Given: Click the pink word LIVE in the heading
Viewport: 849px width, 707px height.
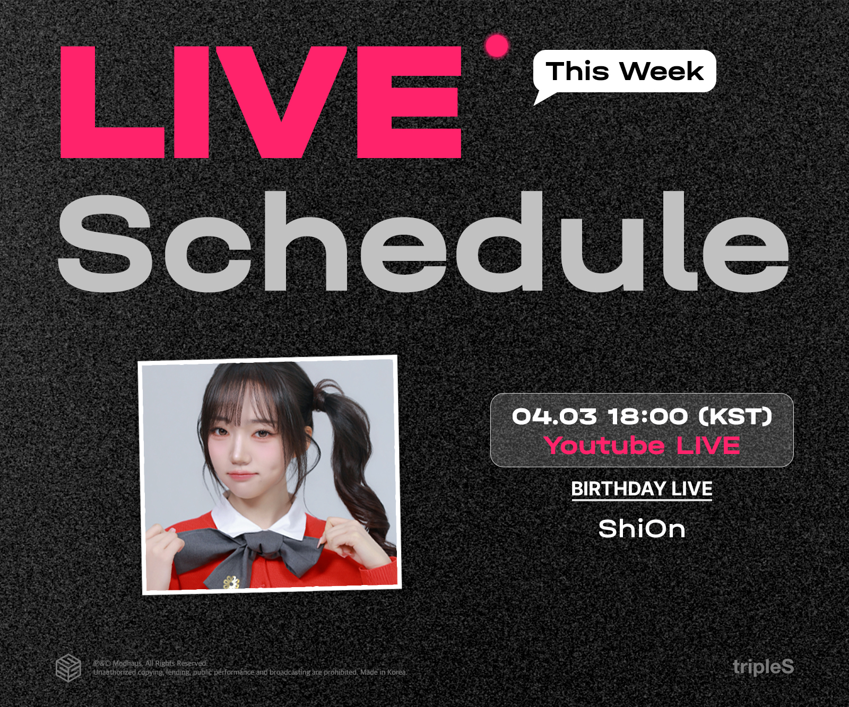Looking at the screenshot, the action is pos(261,102).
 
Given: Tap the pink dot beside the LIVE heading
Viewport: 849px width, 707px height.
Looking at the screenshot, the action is pos(497,46).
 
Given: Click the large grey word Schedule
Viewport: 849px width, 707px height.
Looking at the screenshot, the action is pos(423,241).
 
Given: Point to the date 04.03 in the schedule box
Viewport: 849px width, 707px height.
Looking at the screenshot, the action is pos(554,416).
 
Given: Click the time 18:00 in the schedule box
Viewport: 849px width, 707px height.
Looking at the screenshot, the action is pos(647,416).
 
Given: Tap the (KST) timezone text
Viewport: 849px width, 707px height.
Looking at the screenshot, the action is pos(735,416).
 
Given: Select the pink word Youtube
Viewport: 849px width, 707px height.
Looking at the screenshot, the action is pos(604,446).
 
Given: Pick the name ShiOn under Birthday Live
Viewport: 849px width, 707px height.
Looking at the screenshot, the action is pos(642,529).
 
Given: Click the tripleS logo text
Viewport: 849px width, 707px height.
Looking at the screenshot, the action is pos(763,667).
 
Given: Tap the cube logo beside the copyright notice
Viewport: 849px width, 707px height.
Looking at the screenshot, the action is pos(68,668).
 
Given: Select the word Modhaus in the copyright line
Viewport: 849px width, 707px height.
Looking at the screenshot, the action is pos(127,663).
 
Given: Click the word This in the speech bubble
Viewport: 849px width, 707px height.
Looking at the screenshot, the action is pos(577,71).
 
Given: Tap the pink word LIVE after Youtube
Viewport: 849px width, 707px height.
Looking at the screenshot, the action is pos(708,446).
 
